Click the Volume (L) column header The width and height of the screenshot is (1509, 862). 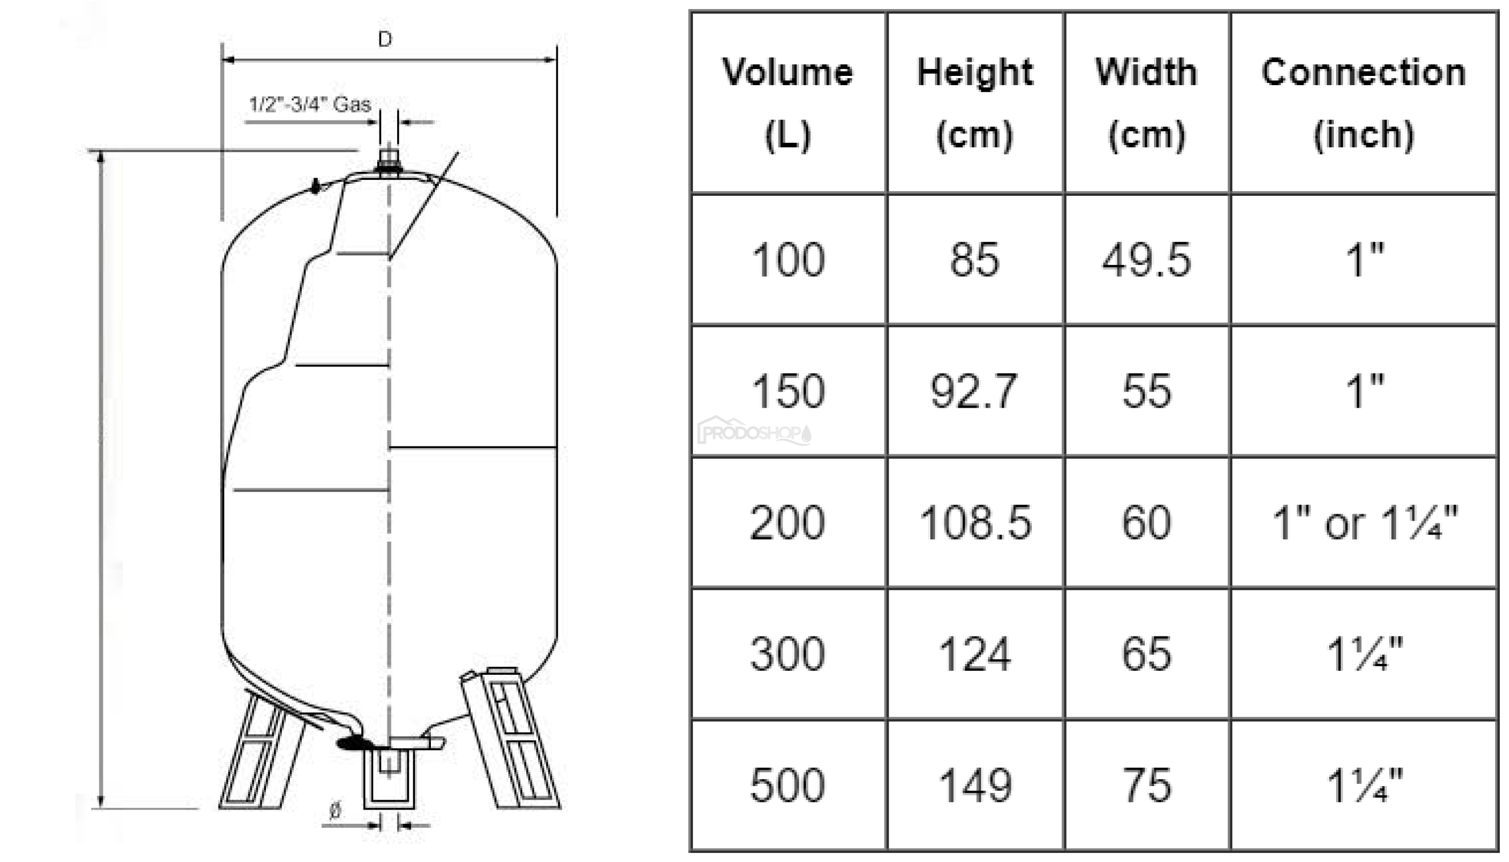point(788,103)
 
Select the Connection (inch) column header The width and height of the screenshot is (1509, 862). point(1363,103)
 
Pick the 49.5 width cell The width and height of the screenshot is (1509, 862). point(1146,260)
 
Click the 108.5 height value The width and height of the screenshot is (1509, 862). point(975,523)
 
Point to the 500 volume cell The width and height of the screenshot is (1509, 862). point(787,786)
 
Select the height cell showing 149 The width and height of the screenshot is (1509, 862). point(975,786)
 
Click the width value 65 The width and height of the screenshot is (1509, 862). point(1146,654)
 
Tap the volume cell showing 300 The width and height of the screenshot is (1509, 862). point(787,654)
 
